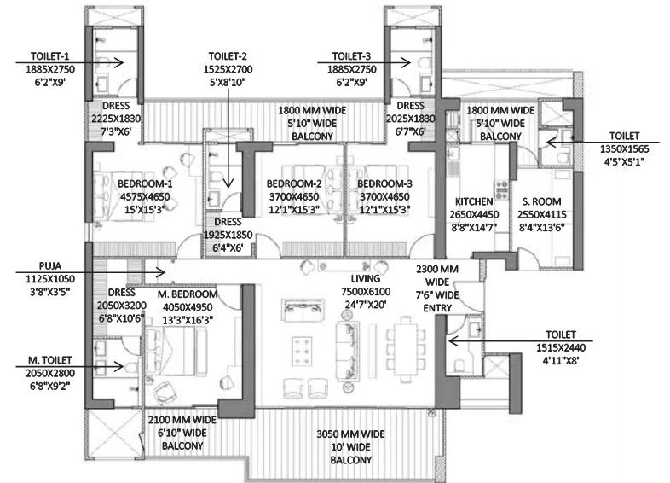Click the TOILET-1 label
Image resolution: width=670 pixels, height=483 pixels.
(x=50, y=56)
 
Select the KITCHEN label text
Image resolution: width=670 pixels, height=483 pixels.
(x=474, y=201)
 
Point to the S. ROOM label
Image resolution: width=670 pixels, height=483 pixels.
(x=541, y=201)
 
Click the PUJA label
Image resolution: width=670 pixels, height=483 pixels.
(x=50, y=266)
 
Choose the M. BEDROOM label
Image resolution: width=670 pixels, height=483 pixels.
(x=188, y=294)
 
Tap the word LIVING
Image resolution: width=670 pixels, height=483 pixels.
(x=366, y=278)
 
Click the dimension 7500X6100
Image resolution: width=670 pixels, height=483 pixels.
(x=366, y=292)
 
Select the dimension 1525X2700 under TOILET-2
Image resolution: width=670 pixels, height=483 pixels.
(x=228, y=69)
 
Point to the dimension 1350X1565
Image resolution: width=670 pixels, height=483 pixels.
(x=624, y=148)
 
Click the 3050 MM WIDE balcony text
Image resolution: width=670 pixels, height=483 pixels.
(x=350, y=434)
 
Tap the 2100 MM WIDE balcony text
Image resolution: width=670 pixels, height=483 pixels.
(x=182, y=420)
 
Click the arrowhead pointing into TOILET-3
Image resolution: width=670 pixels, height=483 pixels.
(x=407, y=62)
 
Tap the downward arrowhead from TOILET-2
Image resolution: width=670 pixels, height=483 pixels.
(x=228, y=183)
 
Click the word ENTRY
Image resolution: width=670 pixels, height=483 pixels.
(x=437, y=308)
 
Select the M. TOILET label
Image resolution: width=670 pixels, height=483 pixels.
(x=50, y=360)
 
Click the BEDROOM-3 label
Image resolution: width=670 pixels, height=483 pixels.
(x=384, y=184)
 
